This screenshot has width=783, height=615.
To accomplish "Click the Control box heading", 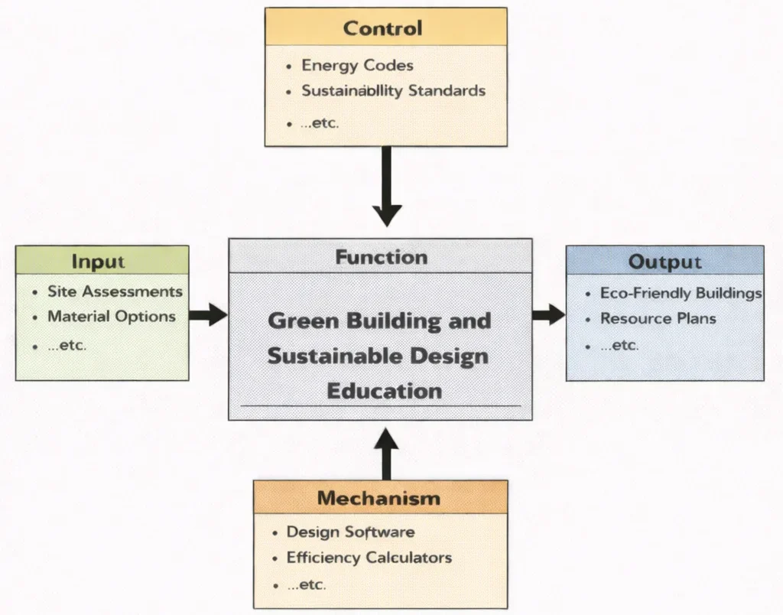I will click(382, 28).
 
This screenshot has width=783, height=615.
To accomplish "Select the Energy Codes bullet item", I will click(357, 65).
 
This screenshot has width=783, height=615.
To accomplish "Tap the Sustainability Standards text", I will click(393, 90).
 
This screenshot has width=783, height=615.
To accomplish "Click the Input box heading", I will click(98, 261).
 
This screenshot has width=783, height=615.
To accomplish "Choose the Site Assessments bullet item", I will click(115, 291).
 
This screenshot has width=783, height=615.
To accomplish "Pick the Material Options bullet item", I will click(111, 316).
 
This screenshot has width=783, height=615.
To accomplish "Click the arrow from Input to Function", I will click(208, 314).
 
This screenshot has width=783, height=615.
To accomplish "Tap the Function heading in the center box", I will click(381, 256).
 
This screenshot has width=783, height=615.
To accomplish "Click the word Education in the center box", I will click(384, 391).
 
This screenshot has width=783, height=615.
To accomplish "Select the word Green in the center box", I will click(303, 321).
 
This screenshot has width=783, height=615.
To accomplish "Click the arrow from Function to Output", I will click(548, 314).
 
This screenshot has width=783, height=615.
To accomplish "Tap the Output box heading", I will click(664, 262).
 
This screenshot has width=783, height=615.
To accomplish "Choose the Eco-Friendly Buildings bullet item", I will click(681, 293).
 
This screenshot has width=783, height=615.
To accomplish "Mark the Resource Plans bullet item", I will click(658, 318).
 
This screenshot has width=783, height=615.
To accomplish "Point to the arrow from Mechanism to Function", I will click(386, 454).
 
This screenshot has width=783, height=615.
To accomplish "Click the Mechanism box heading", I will click(379, 499).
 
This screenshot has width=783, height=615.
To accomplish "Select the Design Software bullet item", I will click(350, 532).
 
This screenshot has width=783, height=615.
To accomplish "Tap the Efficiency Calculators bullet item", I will click(369, 558).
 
